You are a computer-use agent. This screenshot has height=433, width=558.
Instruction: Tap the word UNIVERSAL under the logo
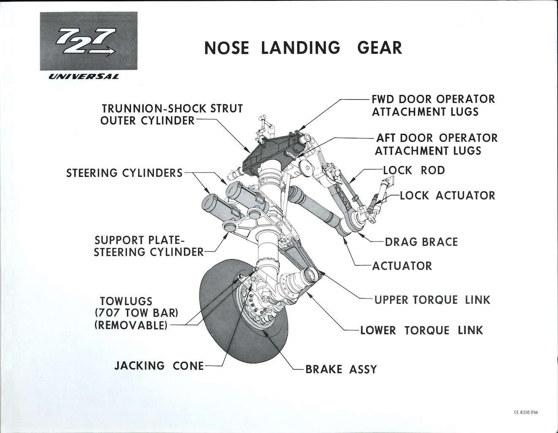pos(83,77)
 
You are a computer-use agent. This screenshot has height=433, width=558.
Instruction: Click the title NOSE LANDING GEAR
pos(303,48)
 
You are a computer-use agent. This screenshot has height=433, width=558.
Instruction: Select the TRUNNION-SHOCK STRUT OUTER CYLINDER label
pos(171,114)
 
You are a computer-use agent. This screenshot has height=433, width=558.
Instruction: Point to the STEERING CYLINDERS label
pos(125,173)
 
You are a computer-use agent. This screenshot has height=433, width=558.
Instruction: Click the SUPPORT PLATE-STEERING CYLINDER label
pos(149,246)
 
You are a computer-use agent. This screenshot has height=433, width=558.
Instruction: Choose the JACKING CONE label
pos(159,366)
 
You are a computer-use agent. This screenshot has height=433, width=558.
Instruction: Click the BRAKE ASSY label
pos(341,369)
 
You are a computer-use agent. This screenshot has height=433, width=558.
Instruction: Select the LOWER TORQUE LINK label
pos(421,330)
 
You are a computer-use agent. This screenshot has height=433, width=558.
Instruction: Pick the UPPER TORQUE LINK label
pos(432,300)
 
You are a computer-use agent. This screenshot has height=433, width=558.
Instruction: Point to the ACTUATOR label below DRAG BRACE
pos(402,266)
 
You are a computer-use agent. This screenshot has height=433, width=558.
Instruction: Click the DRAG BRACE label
pos(421,242)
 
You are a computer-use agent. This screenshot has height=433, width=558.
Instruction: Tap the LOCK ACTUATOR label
pos(447,195)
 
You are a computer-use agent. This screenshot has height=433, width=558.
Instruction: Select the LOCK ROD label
pos(414,170)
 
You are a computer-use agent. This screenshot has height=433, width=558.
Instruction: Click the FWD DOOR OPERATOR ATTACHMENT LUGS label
pos(433,105)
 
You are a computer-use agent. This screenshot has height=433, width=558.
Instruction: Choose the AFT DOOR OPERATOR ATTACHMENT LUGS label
pos(436,144)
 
